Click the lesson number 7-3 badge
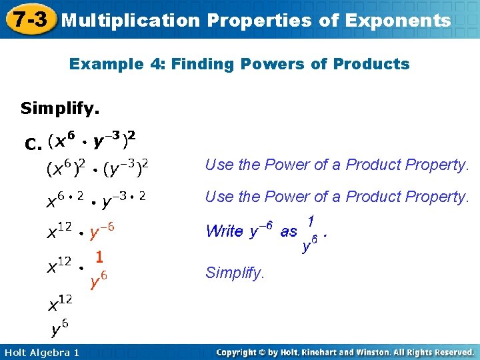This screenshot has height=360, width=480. pos(28,19)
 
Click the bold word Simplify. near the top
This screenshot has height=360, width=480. pos(64,108)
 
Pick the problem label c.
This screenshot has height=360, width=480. pos(33,143)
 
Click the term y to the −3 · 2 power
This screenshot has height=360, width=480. pos(124,198)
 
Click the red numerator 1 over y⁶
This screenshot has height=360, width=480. pos(99,255)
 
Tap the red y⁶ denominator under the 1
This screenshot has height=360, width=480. pos(99,279)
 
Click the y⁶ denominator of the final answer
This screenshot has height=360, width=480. pos(59,327)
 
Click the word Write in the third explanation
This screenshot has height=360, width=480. pos(224,231)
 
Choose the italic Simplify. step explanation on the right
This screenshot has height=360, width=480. pos(235,272)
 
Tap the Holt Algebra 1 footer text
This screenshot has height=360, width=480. pos(41,352)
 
